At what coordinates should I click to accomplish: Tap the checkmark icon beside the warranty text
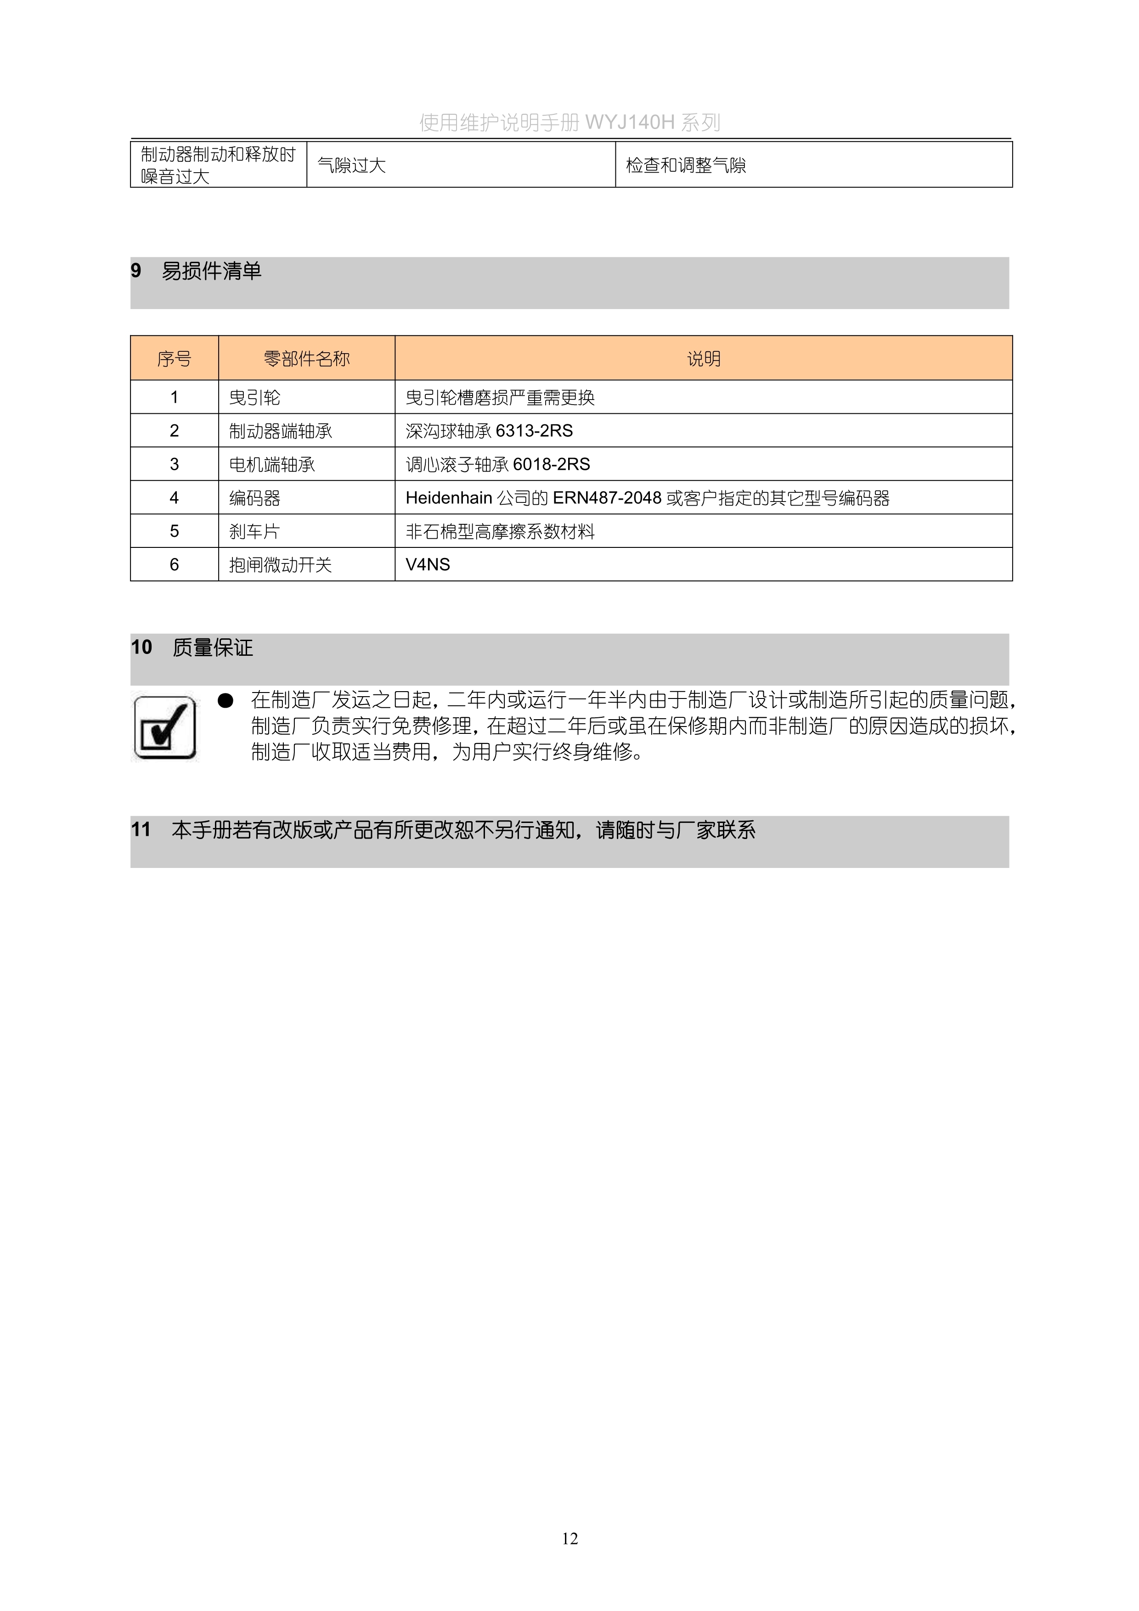click(165, 727)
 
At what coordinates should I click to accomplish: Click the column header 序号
click(174, 359)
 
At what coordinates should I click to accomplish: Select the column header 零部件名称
click(307, 359)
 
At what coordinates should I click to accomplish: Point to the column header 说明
click(703, 359)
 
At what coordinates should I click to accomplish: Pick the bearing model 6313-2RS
click(534, 431)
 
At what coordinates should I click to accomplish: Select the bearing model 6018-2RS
click(552, 464)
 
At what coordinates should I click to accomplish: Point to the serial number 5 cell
click(174, 531)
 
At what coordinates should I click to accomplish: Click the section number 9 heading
click(136, 271)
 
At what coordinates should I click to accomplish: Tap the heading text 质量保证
click(213, 648)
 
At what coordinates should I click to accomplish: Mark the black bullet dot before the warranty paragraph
click(225, 700)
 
